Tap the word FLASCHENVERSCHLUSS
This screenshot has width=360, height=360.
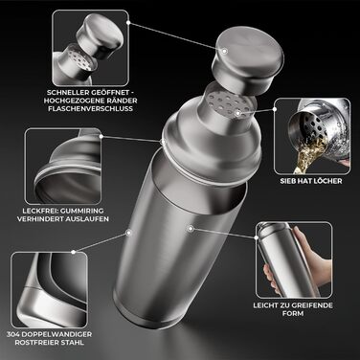pos(90,108)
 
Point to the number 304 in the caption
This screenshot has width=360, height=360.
pos(13,335)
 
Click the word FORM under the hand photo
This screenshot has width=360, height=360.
pos(293,313)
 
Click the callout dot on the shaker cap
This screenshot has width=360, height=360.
pos(225,51)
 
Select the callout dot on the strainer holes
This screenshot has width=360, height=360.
pos(237,113)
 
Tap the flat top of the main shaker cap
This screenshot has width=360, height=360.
pos(250,50)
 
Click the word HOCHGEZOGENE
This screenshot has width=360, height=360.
pos(69,101)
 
